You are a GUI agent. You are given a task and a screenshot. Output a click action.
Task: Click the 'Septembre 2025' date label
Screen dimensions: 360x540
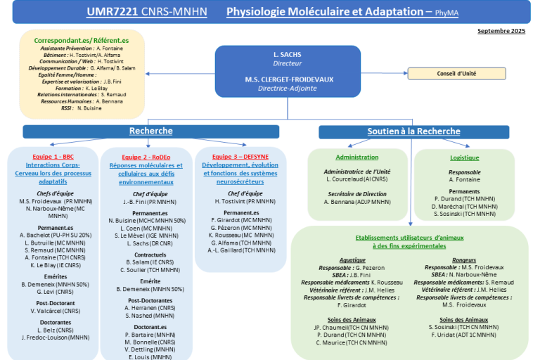point(501,31)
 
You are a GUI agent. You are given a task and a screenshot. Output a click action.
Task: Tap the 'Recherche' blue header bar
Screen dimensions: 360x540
point(150,131)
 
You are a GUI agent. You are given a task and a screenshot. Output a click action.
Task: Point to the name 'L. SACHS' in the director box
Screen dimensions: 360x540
point(287,54)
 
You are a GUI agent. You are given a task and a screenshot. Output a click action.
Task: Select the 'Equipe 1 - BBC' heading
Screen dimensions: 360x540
point(53,156)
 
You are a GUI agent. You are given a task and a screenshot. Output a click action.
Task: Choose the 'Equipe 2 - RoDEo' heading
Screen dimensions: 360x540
point(146,157)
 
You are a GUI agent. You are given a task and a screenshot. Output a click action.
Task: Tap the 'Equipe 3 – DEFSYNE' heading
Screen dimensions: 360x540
point(241,156)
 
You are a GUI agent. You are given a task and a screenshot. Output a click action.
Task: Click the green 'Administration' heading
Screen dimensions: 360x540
point(356,157)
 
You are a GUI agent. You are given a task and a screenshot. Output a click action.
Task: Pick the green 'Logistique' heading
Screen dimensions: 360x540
point(465,158)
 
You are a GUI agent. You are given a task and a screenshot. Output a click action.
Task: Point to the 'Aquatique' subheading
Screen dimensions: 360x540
point(352,259)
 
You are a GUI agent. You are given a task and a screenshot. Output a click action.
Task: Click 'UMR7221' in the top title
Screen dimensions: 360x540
point(112,12)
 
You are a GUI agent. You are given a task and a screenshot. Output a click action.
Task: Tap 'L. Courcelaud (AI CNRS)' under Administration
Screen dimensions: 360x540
point(358,179)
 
